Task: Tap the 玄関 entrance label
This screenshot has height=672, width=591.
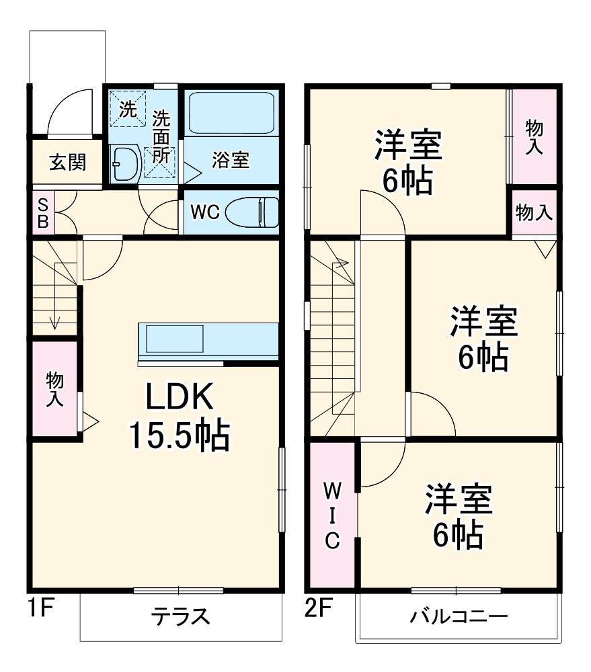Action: [x=67, y=162]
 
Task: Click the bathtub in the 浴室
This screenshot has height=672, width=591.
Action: [x=231, y=113]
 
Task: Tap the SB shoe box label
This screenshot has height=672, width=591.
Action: [x=42, y=213]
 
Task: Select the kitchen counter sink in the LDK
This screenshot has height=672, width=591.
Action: [x=172, y=339]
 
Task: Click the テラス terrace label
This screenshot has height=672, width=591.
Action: [x=180, y=616]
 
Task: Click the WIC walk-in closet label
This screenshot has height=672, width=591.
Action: [x=332, y=514]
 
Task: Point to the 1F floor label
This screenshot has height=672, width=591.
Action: [x=40, y=609]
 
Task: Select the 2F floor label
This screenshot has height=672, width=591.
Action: [x=319, y=609]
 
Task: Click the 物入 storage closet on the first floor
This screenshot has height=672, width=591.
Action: [x=54, y=390]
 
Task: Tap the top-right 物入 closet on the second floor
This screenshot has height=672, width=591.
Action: [x=534, y=137]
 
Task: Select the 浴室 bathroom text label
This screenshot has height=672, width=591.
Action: [x=231, y=160]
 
